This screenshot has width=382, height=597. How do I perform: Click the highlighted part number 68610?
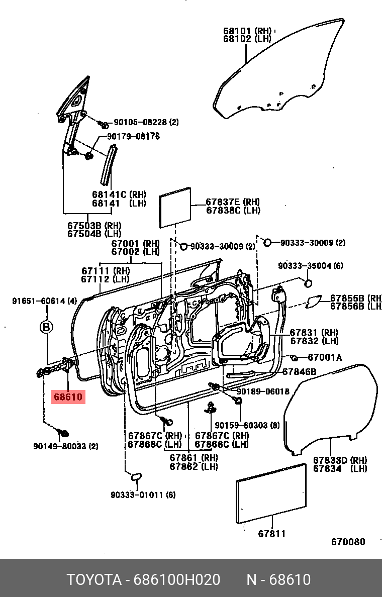[68, 396]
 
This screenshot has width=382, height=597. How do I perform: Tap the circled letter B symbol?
[46, 327]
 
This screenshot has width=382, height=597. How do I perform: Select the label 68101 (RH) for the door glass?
[247, 31]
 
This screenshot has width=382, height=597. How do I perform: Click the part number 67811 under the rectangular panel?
[272, 534]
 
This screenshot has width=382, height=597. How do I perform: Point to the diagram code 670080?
[348, 541]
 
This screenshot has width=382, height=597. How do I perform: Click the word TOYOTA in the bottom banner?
[94, 580]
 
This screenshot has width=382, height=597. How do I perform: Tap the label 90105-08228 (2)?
[146, 122]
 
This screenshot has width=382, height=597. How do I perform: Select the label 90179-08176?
[133, 136]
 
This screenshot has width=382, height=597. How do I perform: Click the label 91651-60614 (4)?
[45, 301]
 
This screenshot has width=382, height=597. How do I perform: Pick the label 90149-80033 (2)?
[65, 446]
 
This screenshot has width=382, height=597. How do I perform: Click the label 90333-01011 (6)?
[143, 494]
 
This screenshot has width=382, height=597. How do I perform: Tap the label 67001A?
[325, 357]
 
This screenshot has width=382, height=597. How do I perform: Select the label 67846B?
[300, 371]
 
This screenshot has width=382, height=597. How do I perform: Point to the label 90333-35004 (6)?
[311, 266]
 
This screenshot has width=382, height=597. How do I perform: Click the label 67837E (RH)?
[233, 202]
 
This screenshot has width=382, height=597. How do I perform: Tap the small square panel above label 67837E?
[175, 208]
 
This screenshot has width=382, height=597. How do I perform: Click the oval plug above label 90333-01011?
[136, 477]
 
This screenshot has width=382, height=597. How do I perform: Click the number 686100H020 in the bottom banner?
[177, 580]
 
